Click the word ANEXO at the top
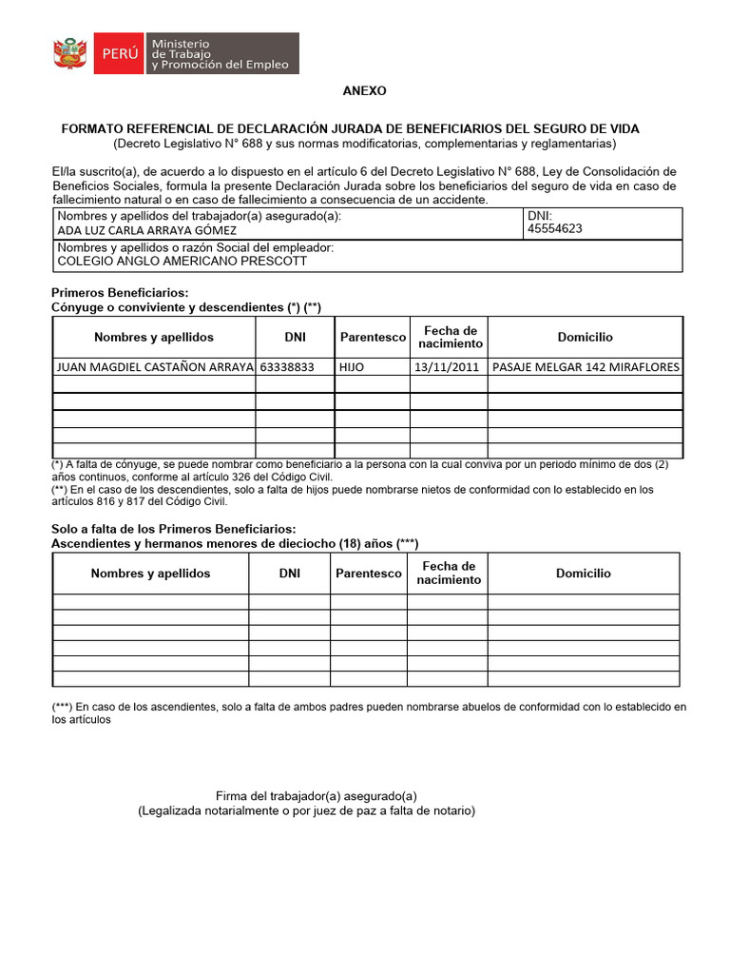point(365,91)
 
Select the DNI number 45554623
point(554,229)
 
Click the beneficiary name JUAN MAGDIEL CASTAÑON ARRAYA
point(155,366)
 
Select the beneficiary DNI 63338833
point(286,366)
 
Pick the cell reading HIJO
point(352,366)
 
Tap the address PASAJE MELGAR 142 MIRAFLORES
point(586,366)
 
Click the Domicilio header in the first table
point(586,337)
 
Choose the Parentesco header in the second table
point(369,574)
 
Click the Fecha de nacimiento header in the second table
point(449,573)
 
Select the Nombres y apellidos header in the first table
point(154,337)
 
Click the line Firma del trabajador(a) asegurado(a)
point(317,796)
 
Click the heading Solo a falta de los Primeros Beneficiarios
point(173,529)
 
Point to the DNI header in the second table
point(290,574)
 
